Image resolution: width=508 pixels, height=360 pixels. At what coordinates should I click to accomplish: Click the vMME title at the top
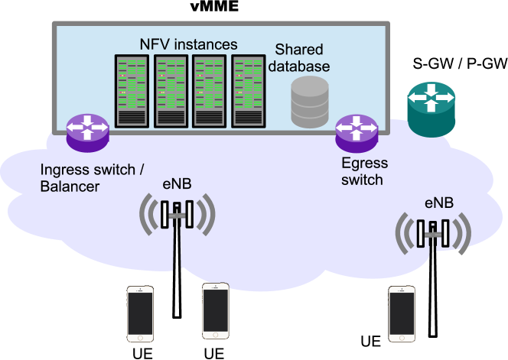(214, 6)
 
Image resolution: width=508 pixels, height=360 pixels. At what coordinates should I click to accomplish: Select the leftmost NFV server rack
(132, 91)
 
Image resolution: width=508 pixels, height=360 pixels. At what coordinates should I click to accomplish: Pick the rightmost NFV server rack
(249, 91)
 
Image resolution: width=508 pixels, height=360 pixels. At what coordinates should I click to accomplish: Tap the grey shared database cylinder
(310, 102)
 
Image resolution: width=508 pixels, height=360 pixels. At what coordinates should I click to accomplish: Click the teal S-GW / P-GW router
(431, 109)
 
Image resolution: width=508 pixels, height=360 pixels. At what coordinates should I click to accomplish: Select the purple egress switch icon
(357, 134)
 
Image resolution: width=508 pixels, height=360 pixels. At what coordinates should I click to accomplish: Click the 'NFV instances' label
(188, 44)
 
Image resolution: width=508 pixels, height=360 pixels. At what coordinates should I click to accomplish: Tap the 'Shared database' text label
(299, 58)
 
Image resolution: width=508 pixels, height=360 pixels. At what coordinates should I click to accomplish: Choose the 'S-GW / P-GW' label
(460, 63)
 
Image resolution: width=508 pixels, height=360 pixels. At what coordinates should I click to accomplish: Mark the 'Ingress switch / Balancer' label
(92, 178)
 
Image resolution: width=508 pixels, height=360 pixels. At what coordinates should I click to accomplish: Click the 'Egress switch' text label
(364, 171)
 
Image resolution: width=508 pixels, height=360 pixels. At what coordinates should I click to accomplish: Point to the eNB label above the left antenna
(177, 184)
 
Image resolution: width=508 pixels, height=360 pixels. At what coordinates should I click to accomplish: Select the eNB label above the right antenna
(439, 203)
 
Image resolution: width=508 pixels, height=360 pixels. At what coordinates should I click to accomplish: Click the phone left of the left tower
(140, 314)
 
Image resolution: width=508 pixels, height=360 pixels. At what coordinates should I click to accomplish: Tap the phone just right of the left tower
(216, 311)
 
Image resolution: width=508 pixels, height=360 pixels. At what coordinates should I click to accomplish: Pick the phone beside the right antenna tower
(402, 314)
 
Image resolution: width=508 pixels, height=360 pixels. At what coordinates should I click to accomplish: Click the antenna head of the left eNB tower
(177, 214)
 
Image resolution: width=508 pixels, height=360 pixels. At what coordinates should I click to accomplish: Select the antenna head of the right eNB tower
(433, 233)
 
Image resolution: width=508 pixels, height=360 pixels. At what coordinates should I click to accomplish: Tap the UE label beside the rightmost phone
(371, 342)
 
